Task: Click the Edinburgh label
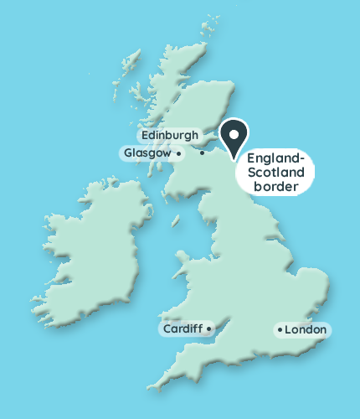pos(170,135)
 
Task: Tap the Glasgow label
pos(147,153)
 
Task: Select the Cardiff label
pos(183,328)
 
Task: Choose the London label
pos(306,330)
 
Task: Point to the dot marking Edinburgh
pos(203,153)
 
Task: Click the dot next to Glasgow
pos(179,153)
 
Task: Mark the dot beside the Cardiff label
pos(208,328)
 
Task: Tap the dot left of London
pos(279,330)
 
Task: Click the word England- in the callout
pos(275,158)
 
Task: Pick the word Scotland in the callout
pos(275,173)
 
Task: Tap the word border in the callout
pos(275,188)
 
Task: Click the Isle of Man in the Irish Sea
pos(175,220)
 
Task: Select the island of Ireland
pos(92,251)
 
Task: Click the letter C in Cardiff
pos(167,328)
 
